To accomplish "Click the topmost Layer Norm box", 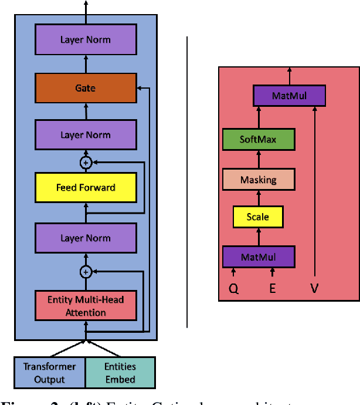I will coord(86,41).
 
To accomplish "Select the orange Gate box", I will coord(86,88).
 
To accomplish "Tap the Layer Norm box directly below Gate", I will coord(86,135).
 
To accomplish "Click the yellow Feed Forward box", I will coord(86,188).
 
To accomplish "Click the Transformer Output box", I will coord(50,372).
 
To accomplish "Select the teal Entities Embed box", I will coord(121,372).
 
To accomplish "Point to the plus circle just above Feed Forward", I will coord(86,161).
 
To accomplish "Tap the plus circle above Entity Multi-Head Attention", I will coord(86,271).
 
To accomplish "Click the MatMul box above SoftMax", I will coord(288,95).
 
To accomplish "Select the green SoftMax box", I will coord(258,140).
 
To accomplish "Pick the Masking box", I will coord(258,179).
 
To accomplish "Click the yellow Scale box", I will coord(258,217).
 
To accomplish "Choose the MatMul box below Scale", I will coord(258,256).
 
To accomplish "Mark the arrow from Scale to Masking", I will coord(258,198).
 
